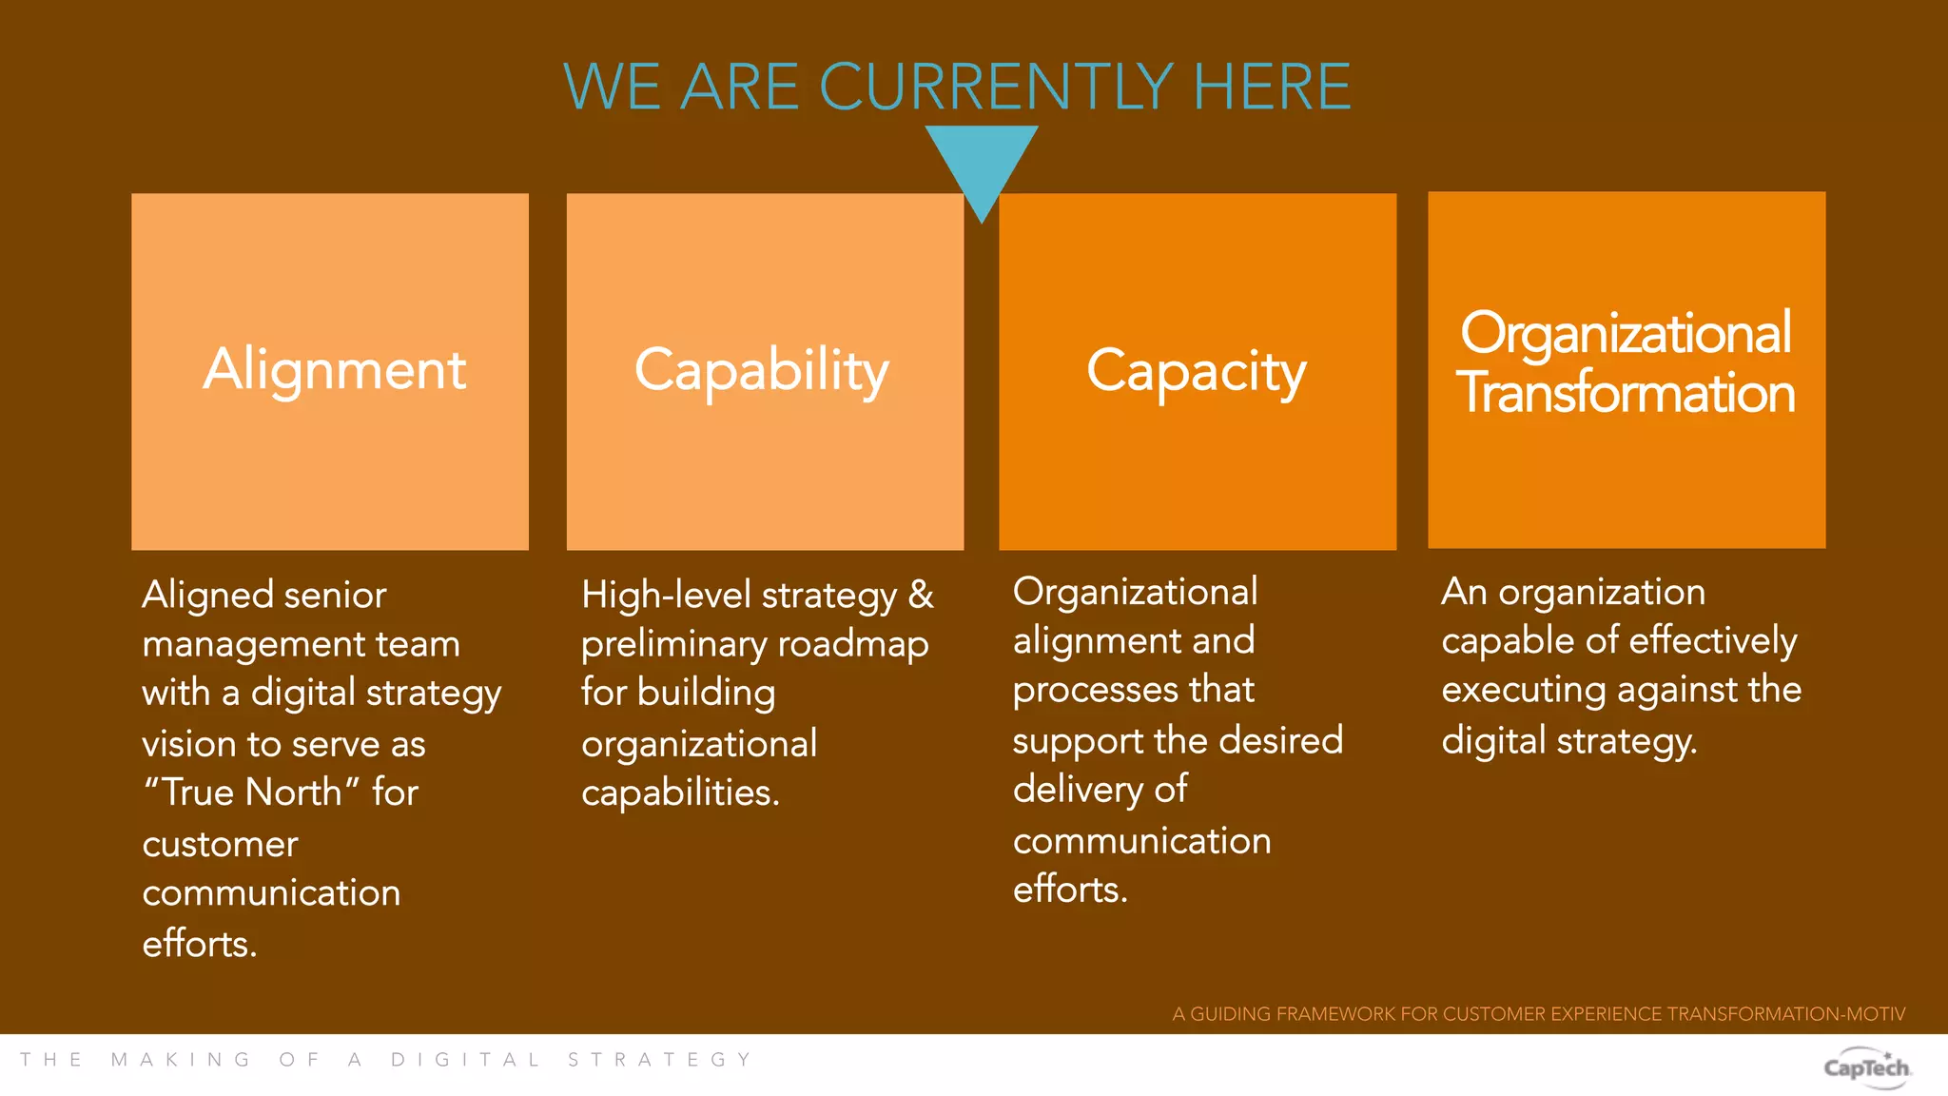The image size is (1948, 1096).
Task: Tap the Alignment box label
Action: (x=335, y=369)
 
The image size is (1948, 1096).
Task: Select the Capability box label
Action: (x=762, y=370)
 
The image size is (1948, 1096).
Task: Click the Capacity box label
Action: (x=1197, y=371)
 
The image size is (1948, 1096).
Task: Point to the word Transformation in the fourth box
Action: (x=1626, y=393)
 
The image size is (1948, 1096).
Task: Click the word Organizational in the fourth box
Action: (x=1626, y=333)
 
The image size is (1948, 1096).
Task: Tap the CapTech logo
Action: (x=1866, y=1067)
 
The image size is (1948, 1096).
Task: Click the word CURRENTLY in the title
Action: (x=996, y=87)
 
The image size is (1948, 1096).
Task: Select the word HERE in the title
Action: (x=1272, y=87)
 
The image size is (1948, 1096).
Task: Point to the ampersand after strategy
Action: (x=921, y=595)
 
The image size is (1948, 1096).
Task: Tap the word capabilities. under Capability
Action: (x=680, y=793)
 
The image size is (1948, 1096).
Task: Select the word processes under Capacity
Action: (x=1133, y=690)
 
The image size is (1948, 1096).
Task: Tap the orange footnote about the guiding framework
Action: (x=1538, y=1014)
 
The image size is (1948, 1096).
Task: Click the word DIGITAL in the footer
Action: (x=465, y=1060)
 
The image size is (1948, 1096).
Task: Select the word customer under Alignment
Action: (x=220, y=844)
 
